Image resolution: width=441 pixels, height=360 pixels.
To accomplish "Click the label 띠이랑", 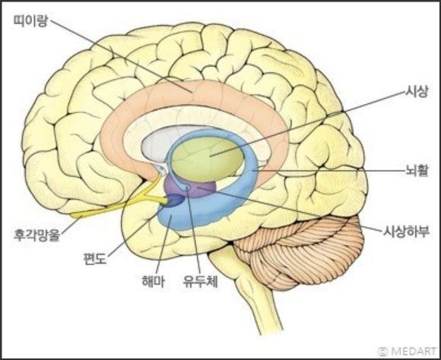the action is [x=31, y=21].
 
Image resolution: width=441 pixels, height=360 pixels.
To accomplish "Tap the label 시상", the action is [x=416, y=91].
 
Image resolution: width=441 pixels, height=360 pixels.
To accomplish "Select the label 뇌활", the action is [x=417, y=170].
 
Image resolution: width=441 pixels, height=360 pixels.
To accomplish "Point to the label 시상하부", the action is [x=406, y=232].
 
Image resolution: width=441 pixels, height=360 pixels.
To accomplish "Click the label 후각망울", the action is [x=37, y=235].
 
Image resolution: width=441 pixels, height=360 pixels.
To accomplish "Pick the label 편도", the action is [x=95, y=258].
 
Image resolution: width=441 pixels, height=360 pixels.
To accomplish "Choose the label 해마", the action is [x=153, y=281].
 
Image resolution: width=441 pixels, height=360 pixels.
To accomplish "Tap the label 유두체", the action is [x=200, y=281].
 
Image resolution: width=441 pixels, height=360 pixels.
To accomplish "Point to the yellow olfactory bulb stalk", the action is [x=118, y=205].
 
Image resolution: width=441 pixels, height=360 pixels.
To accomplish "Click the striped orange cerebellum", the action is [x=298, y=250].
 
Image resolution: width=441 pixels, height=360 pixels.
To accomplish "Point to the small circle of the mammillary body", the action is [x=187, y=187].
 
